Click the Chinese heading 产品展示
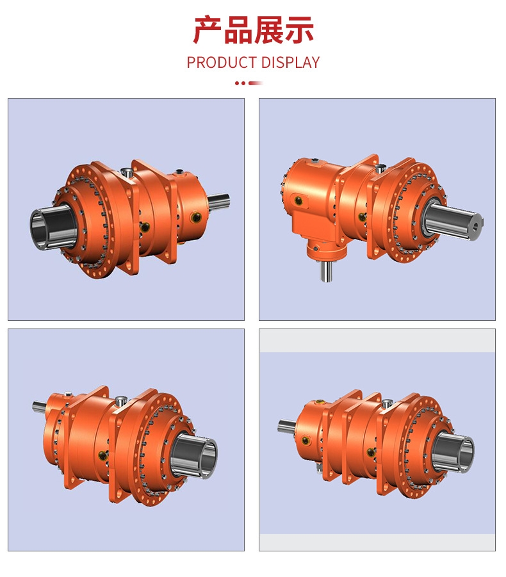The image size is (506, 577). pyautogui.click(x=253, y=30)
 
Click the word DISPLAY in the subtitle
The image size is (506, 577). pyautogui.click(x=290, y=63)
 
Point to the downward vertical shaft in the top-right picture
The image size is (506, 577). pyautogui.click(x=325, y=271)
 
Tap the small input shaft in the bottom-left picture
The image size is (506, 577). pyautogui.click(x=39, y=405)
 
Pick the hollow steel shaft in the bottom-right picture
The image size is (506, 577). pyautogui.click(x=453, y=453)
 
